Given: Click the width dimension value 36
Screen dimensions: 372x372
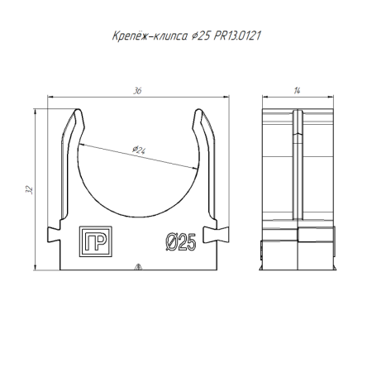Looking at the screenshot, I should pyautogui.click(x=136, y=92).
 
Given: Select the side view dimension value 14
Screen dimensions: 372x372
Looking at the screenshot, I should pyautogui.click(x=296, y=92).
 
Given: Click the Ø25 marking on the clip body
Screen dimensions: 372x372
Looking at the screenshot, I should pyautogui.click(x=179, y=241).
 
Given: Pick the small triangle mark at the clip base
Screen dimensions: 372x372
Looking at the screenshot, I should pyautogui.click(x=138, y=266).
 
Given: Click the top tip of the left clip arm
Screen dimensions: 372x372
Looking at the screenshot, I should pyautogui.click(x=77, y=110).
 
